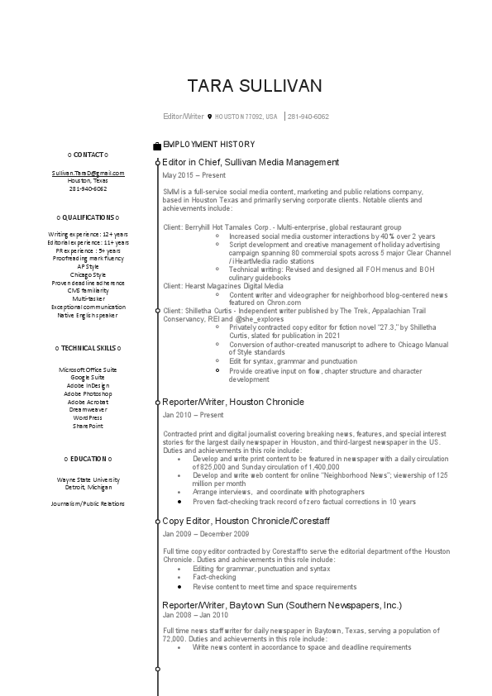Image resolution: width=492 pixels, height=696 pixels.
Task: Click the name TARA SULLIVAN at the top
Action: point(254,86)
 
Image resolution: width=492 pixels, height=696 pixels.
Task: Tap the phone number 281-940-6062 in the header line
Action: point(308,117)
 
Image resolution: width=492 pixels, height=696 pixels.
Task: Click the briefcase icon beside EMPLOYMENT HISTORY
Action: point(157,145)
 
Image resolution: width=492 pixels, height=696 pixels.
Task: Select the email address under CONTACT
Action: point(88,173)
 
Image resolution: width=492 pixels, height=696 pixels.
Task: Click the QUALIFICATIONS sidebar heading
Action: point(88,217)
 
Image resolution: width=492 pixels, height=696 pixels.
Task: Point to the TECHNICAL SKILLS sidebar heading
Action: point(88,349)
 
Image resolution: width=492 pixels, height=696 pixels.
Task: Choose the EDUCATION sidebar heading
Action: point(88,458)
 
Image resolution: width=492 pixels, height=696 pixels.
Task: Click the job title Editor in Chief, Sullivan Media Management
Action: point(251,163)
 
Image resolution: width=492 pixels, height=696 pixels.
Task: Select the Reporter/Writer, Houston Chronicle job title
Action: point(233,402)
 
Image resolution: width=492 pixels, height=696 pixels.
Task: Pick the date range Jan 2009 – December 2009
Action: point(205,534)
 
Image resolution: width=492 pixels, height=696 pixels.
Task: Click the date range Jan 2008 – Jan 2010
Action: point(195,615)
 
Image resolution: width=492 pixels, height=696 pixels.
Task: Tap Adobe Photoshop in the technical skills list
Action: point(88,393)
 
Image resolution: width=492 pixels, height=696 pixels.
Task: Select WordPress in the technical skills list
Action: point(88,417)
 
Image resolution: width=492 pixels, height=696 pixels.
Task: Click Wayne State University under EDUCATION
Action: point(88,479)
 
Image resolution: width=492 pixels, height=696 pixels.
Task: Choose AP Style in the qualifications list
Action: point(88,266)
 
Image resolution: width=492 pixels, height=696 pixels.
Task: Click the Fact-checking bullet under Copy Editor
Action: point(214,578)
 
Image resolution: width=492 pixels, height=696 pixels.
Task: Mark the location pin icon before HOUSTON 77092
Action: point(210,117)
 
